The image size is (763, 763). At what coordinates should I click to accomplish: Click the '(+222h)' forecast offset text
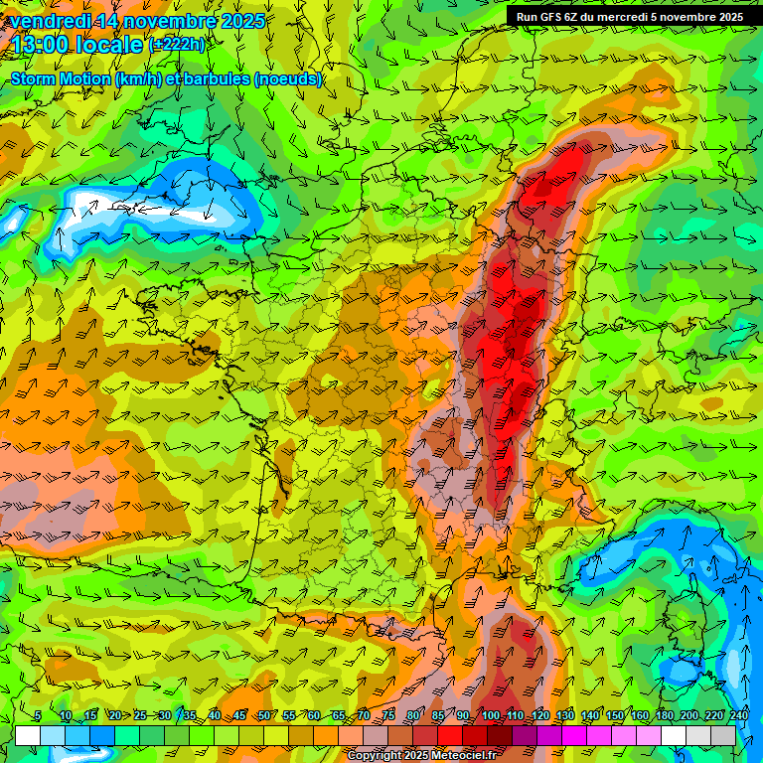[179, 44]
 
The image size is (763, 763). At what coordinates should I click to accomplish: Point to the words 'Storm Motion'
[59, 79]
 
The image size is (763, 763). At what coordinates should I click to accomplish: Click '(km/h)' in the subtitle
[141, 79]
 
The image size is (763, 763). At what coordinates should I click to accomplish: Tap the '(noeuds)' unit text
[288, 79]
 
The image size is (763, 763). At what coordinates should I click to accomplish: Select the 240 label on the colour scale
[738, 715]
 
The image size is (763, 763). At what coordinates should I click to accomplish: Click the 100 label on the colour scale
[490, 715]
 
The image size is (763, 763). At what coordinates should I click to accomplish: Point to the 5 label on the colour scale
[37, 715]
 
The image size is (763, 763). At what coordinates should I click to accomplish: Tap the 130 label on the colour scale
[564, 715]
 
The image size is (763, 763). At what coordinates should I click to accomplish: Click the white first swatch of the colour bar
[28, 735]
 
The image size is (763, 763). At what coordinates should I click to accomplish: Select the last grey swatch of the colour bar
[722, 735]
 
